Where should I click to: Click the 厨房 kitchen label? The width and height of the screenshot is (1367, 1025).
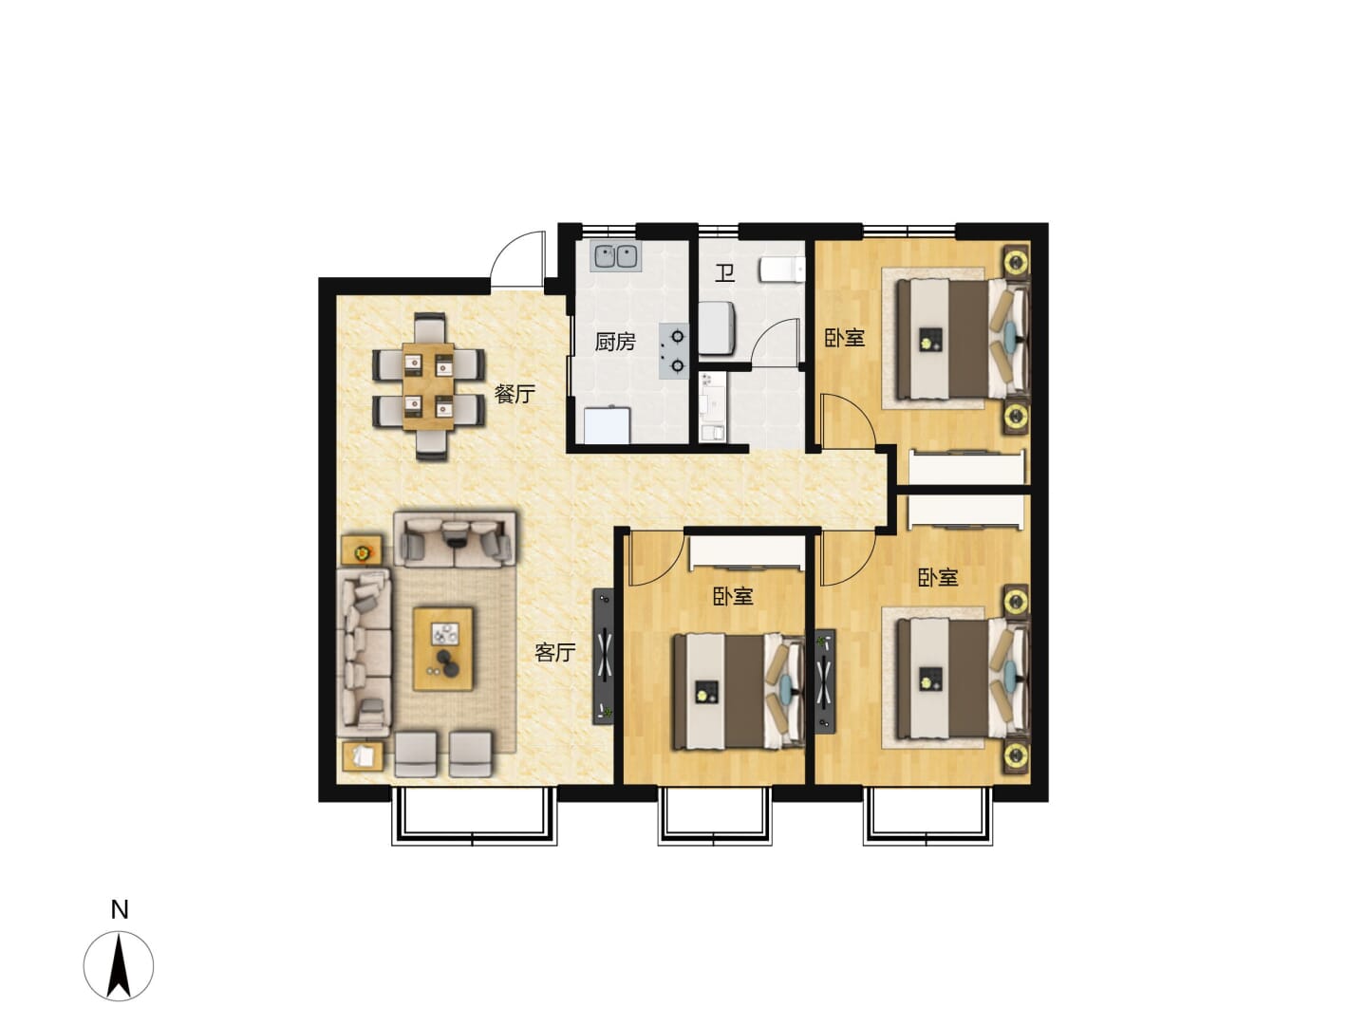[x=614, y=342]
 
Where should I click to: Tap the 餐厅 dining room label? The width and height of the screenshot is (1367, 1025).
[x=515, y=393]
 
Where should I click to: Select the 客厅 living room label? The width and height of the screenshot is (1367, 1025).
[x=554, y=652]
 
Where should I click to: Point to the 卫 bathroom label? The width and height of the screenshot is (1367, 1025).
[x=723, y=272]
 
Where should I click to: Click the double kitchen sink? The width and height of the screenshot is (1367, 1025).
[x=615, y=255]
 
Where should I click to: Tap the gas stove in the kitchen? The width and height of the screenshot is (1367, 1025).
[x=674, y=351]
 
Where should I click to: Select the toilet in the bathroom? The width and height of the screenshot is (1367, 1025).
[x=781, y=270]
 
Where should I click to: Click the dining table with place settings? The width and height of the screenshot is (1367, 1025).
[x=428, y=386]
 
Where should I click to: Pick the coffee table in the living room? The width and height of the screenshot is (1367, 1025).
[x=442, y=649]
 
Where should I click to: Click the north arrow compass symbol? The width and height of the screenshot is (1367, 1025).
[x=119, y=965]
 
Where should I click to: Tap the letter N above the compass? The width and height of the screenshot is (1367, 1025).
[x=119, y=910]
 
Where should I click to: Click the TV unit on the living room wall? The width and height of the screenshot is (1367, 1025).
[x=603, y=657]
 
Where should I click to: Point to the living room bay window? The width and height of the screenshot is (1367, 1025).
[x=474, y=817]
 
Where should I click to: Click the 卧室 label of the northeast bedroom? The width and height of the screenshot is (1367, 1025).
[x=844, y=338]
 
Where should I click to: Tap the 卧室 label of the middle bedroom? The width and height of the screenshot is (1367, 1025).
[x=732, y=596]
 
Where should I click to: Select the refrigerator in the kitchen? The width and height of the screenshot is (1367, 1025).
[x=608, y=426]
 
